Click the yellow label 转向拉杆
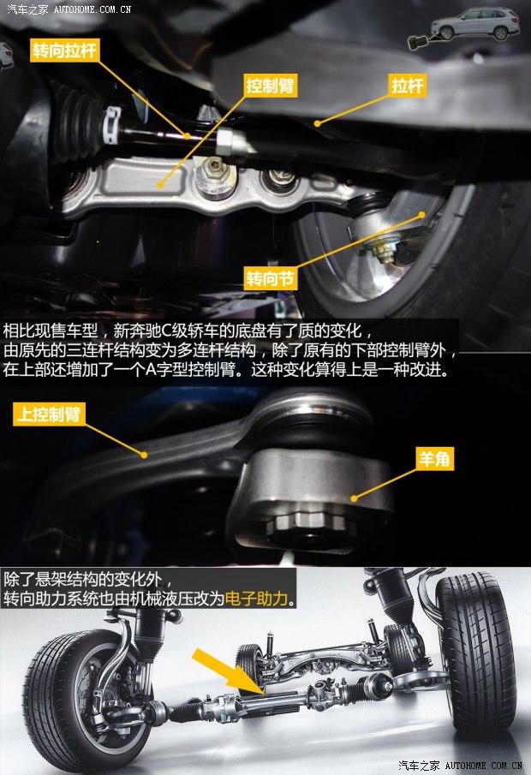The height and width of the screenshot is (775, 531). [64, 51]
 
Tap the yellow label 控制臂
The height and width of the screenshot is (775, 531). [270, 86]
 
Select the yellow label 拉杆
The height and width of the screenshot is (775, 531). [408, 86]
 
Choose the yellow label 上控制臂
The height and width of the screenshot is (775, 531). [49, 414]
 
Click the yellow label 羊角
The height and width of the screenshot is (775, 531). [435, 458]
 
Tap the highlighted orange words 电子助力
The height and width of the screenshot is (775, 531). [256, 599]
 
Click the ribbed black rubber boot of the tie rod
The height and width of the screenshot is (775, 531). [79, 123]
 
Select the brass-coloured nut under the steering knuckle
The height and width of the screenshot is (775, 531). [383, 253]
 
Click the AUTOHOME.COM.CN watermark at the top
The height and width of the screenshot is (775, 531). [92, 9]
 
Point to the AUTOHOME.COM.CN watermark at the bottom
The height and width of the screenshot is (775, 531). [484, 766]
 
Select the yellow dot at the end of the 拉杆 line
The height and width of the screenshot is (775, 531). [318, 123]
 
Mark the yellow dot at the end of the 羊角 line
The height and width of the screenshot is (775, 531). [354, 498]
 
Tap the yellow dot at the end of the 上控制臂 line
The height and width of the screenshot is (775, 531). [145, 455]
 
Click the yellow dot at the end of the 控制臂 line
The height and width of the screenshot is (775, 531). [160, 185]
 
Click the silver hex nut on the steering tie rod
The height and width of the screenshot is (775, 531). [228, 142]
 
